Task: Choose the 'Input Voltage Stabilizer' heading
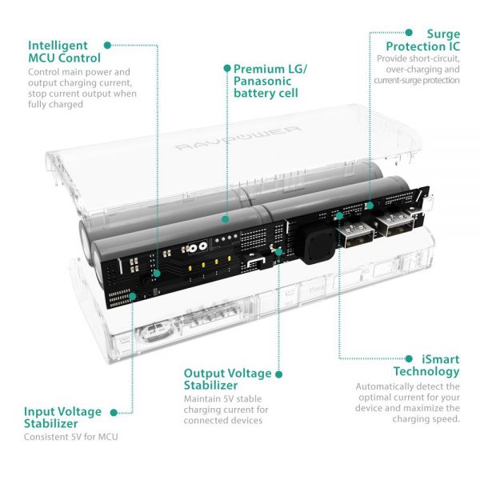(x=62, y=418)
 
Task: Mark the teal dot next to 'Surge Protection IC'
(x=409, y=33)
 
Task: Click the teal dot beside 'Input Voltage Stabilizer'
(x=113, y=412)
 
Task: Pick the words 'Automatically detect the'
(x=408, y=386)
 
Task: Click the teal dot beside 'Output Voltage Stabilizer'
(x=279, y=374)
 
